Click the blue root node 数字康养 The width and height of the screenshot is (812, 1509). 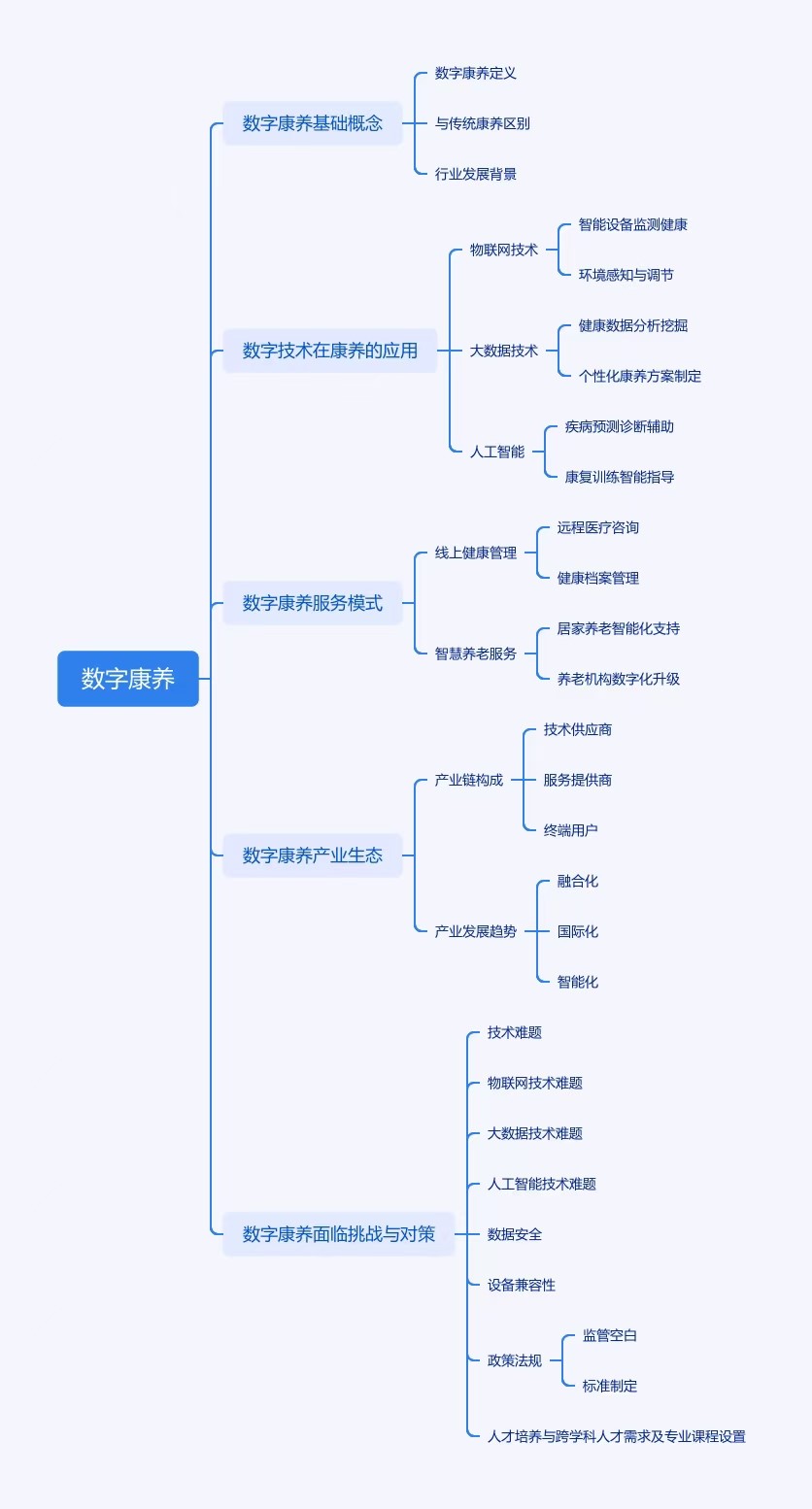coord(128,679)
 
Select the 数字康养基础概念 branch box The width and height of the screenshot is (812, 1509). coord(313,123)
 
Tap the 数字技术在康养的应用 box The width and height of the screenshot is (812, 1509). coord(330,351)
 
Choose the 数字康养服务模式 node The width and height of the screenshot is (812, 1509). coord(313,603)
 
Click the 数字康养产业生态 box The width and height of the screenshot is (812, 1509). coord(313,855)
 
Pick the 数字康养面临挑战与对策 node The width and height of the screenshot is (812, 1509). coord(339,1234)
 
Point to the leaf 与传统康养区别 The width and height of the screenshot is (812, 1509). coord(483,123)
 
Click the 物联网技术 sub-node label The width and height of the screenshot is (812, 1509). coord(504,250)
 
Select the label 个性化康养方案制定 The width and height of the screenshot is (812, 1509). coord(640,376)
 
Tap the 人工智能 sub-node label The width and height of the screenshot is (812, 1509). coord(497,452)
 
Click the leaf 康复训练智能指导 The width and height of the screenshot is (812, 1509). coord(620,477)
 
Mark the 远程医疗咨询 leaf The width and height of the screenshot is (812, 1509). coord(598,527)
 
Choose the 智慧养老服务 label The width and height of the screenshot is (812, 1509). coord(476,654)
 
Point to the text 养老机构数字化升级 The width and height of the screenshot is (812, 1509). coord(619,679)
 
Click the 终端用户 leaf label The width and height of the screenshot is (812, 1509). coord(571,830)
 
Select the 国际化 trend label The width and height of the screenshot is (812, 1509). coord(578,931)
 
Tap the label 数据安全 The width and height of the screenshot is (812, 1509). coord(515,1234)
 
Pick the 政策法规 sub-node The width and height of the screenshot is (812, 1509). coord(515,1360)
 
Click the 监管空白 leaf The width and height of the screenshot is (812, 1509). coord(610,1335)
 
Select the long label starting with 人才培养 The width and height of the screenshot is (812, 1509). coord(617,1436)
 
